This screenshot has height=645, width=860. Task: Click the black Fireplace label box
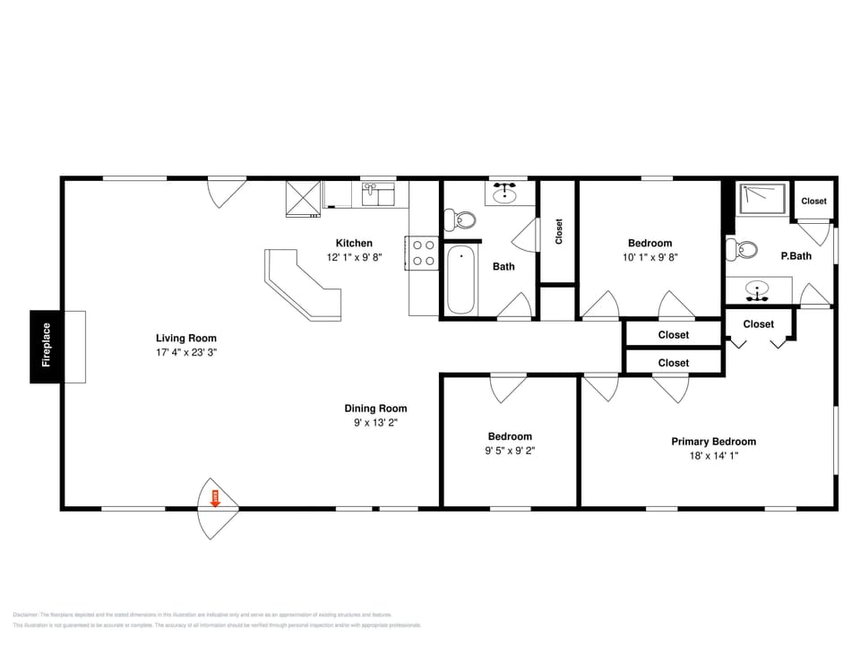(x=46, y=347)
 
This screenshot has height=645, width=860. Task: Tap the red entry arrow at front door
(x=215, y=499)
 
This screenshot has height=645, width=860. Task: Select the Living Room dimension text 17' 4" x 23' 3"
(x=186, y=353)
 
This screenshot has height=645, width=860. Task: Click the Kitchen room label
(x=354, y=243)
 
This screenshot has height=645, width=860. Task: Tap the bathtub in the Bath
(x=460, y=279)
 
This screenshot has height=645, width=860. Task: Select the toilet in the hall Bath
(x=461, y=219)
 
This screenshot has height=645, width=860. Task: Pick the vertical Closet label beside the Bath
(x=559, y=232)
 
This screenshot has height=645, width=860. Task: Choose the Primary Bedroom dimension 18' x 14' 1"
(x=713, y=456)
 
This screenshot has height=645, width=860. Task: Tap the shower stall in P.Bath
(x=761, y=199)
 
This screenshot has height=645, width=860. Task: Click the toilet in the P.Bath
(x=744, y=249)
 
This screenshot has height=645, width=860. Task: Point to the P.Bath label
(x=795, y=256)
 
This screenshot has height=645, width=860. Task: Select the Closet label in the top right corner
(x=813, y=202)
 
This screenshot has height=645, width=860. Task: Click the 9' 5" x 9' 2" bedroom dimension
(x=510, y=451)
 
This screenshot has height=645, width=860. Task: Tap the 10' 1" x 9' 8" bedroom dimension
(x=649, y=257)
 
